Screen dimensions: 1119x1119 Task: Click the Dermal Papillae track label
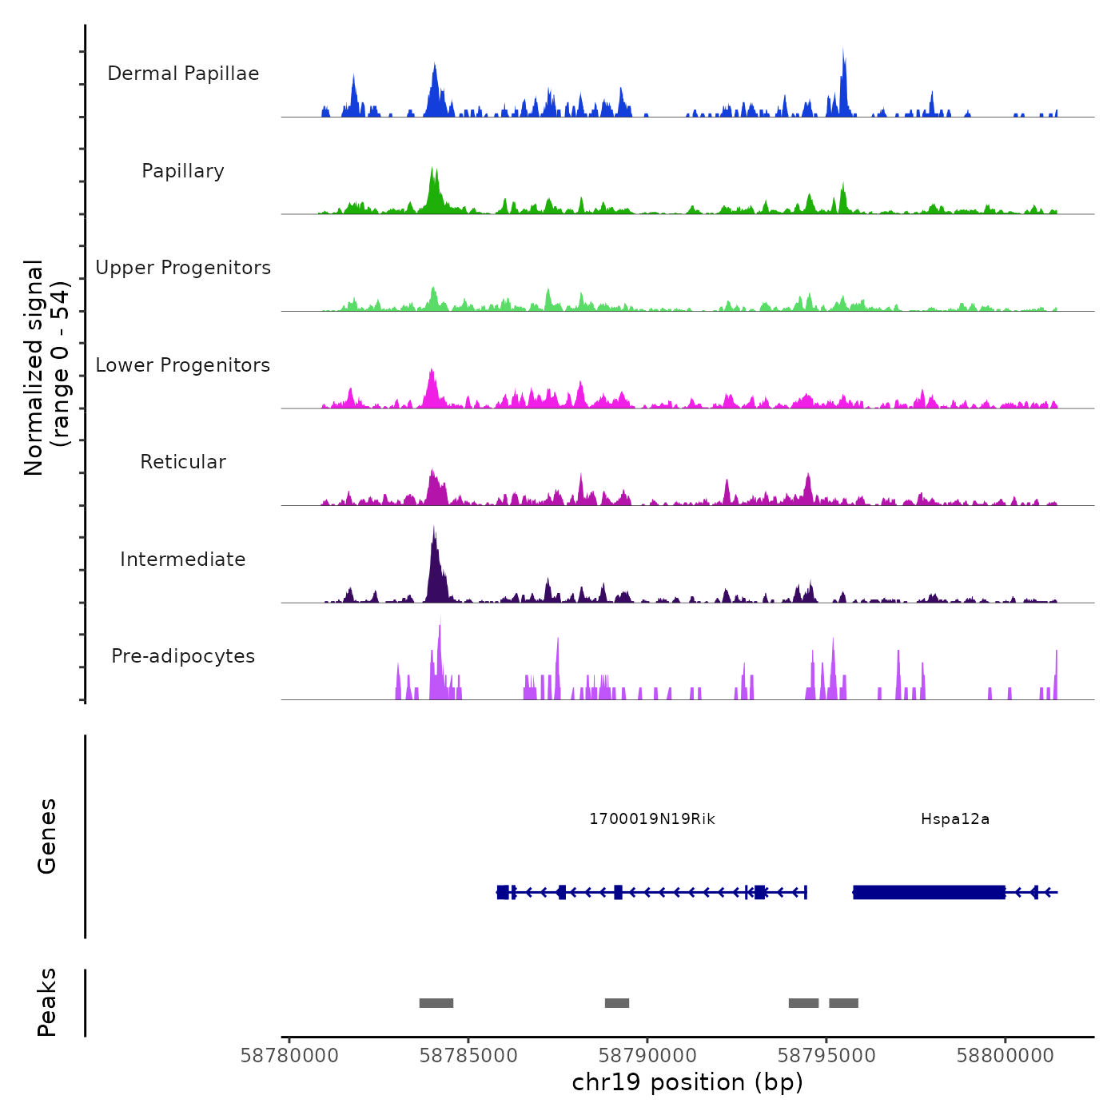point(183,74)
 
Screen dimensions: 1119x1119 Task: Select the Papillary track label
point(183,171)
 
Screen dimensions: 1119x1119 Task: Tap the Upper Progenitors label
point(183,268)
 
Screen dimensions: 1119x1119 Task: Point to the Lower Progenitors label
point(183,365)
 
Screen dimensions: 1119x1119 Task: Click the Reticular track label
point(183,462)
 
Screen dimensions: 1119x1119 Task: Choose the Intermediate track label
point(183,559)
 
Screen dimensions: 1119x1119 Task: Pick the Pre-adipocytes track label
point(183,656)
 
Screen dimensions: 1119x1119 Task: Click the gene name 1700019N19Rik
point(652,819)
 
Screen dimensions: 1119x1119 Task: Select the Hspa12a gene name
point(955,819)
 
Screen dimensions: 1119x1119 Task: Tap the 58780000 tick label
point(289,1056)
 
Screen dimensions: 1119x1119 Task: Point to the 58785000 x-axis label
point(468,1056)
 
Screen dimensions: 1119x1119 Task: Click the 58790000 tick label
point(647,1056)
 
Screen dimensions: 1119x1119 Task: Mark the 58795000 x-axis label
point(826,1056)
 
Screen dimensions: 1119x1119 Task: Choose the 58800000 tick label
point(1006,1056)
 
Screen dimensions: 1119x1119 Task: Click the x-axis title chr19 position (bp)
point(687,1082)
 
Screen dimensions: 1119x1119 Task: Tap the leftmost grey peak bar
point(436,1003)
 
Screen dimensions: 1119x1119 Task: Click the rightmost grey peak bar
point(843,1003)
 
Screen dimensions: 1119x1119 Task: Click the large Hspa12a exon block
point(929,892)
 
